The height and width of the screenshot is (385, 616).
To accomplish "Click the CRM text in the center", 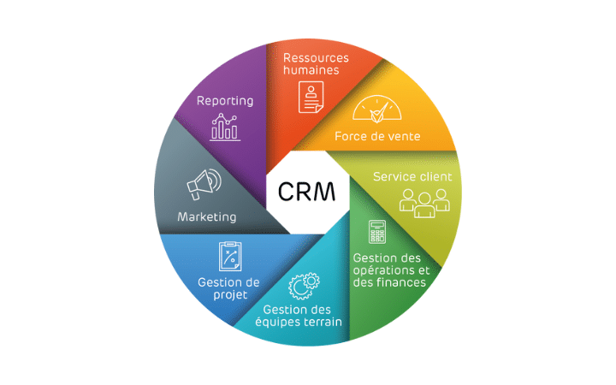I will (x=307, y=189).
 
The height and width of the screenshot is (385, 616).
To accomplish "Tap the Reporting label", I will (x=225, y=101).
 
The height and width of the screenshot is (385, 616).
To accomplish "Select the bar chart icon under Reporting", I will (x=226, y=127).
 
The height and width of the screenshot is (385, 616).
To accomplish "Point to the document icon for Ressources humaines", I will (x=311, y=97).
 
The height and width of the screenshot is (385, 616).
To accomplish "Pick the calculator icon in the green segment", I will (x=376, y=231).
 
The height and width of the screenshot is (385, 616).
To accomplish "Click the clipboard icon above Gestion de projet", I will (x=228, y=255).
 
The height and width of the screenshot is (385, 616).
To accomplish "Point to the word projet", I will (x=231, y=295).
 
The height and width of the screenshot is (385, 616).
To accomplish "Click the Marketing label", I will (x=206, y=216).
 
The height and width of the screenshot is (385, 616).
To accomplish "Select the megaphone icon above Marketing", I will (x=203, y=183).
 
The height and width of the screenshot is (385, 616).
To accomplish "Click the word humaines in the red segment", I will (x=311, y=70).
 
